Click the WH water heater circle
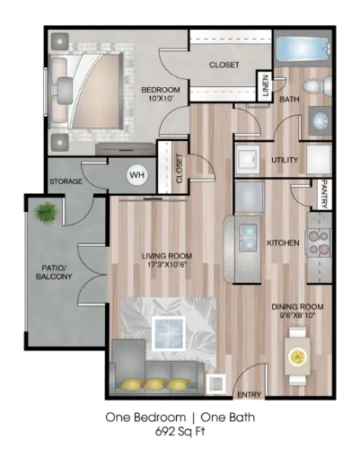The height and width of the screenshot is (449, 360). [x=137, y=175]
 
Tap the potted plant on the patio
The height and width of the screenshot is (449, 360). [x=46, y=213]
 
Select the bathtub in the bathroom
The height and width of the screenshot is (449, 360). [x=303, y=48]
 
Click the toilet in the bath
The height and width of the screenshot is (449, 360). [x=317, y=84]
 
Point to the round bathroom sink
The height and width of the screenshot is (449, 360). [x=320, y=121]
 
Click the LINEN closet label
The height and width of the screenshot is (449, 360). [x=266, y=86]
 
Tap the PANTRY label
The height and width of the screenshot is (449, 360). [x=325, y=194]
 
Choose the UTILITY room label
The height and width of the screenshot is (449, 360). [x=285, y=160]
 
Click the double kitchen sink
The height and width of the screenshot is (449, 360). [x=248, y=238]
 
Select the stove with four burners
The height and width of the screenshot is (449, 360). [x=318, y=242]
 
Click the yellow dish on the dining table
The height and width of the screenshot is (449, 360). [x=298, y=357]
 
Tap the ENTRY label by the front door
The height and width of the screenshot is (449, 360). [x=249, y=395]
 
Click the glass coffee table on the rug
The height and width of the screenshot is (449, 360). [x=168, y=333]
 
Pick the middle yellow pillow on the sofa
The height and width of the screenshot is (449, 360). [x=155, y=384]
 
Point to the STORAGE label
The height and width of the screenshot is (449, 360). [x=66, y=181]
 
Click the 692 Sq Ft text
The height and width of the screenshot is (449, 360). [x=180, y=432]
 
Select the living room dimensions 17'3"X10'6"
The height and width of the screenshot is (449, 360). [x=167, y=265]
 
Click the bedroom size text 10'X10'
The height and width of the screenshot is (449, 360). [x=162, y=98]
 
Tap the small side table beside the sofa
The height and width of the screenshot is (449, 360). [x=215, y=383]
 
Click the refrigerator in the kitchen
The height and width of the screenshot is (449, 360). [x=250, y=197]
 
